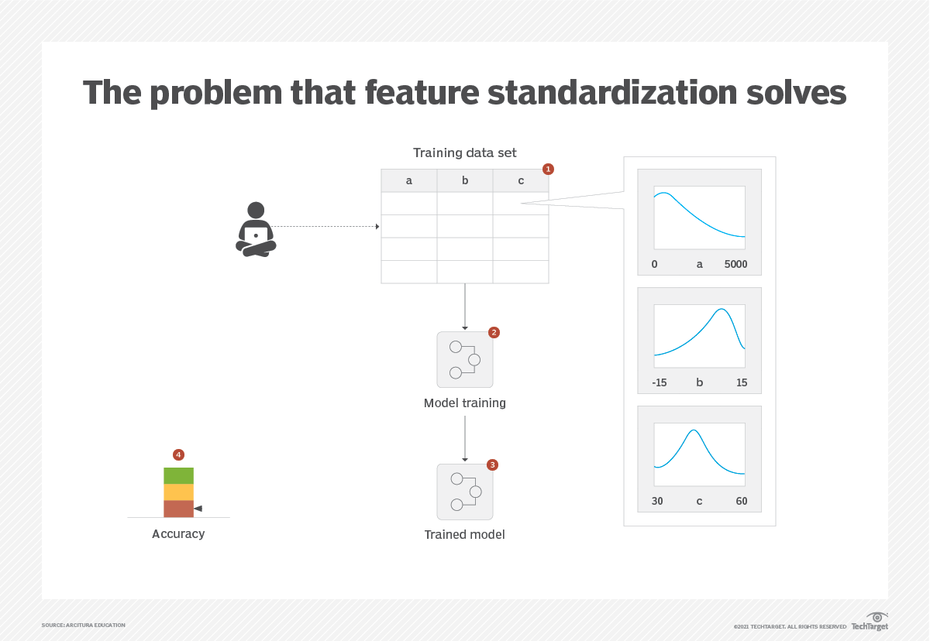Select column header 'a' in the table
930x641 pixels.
(x=409, y=180)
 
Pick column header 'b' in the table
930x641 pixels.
(x=465, y=180)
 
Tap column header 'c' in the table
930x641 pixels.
(x=521, y=180)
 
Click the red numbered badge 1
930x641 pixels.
(x=548, y=168)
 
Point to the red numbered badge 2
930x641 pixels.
(x=494, y=332)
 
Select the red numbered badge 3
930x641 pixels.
(x=492, y=464)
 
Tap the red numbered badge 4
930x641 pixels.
(x=178, y=454)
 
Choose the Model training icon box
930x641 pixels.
(x=465, y=360)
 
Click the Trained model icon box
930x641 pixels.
(x=465, y=492)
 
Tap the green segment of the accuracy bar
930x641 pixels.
(x=178, y=475)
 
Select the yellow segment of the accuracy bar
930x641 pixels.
(x=178, y=492)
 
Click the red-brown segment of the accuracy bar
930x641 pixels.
(x=178, y=509)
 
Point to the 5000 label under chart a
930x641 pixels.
(x=735, y=264)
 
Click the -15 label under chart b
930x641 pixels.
(x=660, y=382)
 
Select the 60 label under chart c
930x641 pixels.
(x=742, y=501)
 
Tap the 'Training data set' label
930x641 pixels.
(x=465, y=153)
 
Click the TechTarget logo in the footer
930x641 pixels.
(x=870, y=622)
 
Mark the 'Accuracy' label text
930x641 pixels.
(x=178, y=534)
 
